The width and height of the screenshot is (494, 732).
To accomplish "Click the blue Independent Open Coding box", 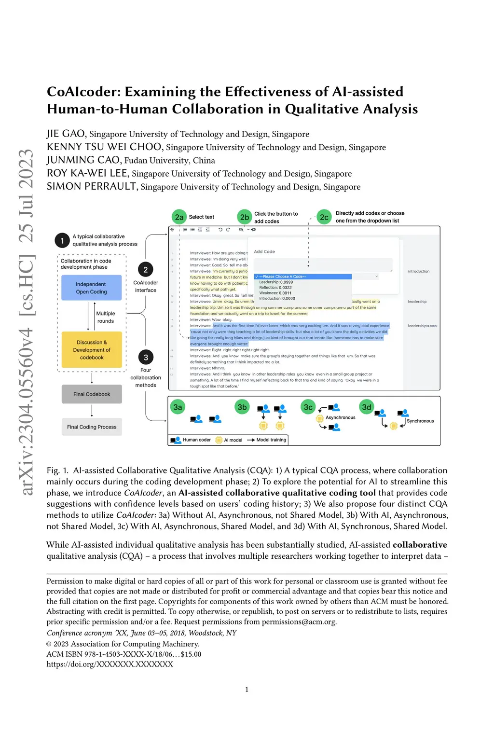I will [91, 288].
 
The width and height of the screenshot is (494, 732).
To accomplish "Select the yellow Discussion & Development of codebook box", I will [92, 350].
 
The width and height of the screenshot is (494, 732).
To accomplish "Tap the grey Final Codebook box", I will [92, 394].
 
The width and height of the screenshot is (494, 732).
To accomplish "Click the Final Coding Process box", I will [92, 427].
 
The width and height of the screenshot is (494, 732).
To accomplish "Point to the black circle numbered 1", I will [62, 240].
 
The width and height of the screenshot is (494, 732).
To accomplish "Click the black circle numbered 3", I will [146, 358].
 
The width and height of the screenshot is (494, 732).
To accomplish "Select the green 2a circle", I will [179, 217].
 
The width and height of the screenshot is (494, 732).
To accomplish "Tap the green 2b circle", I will [245, 217].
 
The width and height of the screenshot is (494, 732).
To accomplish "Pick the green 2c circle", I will [324, 217].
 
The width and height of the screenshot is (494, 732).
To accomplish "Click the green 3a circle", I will [178, 407].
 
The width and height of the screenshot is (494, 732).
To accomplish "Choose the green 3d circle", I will [367, 407].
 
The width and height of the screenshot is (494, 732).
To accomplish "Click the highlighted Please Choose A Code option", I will [302, 276].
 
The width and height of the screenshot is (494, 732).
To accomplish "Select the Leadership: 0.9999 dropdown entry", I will [276, 282].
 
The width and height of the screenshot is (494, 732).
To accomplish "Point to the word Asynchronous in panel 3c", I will [340, 417].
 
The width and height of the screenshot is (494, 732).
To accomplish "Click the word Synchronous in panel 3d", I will [420, 421].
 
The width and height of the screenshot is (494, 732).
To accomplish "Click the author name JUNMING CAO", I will [83, 160].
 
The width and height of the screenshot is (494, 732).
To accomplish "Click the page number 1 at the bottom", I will [247, 690].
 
